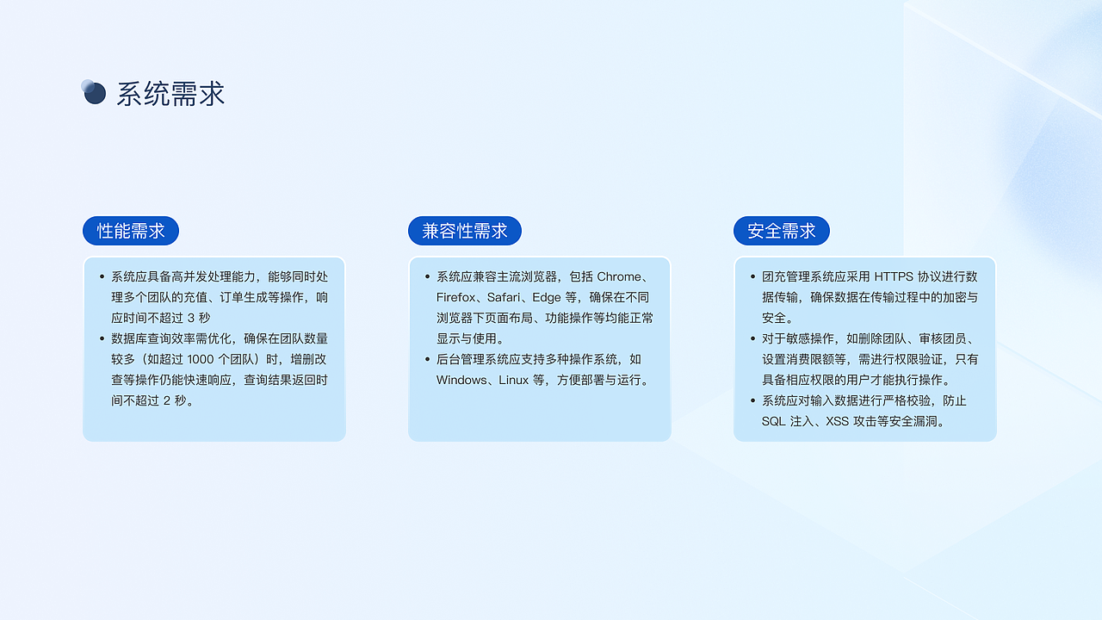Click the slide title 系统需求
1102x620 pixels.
point(170,94)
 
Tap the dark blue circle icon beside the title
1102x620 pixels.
point(94,92)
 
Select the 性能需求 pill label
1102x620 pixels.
point(131,231)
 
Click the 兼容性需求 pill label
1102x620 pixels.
point(465,231)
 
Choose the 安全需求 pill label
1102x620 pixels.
point(782,231)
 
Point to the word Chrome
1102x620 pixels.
point(619,276)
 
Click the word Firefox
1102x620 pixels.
point(455,297)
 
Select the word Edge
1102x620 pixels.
point(547,297)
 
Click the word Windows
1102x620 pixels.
point(461,380)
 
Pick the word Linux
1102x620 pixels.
point(514,380)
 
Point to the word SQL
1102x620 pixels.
point(774,421)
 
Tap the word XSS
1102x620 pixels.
point(837,421)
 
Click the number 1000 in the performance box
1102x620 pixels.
point(201,359)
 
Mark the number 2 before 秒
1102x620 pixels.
point(167,400)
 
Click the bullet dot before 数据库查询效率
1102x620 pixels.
point(102,338)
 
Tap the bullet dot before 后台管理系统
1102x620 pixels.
point(428,359)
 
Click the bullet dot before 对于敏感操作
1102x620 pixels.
point(753,338)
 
